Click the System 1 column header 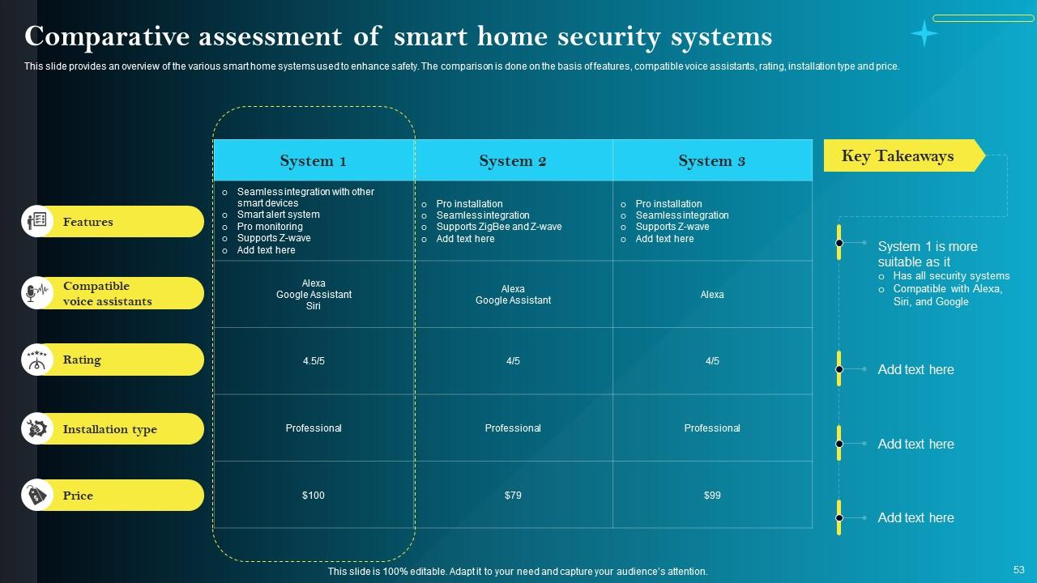(314, 160)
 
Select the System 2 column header (513, 160)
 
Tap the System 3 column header (712, 160)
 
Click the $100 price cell (314, 495)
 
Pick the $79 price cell (513, 495)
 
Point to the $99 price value (712, 495)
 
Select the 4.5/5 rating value (314, 361)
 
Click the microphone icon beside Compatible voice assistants (36, 293)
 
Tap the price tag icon (36, 496)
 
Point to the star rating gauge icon (36, 360)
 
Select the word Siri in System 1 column (314, 306)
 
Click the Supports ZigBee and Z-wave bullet (498, 227)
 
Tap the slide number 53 (1018, 570)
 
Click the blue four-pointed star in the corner (924, 33)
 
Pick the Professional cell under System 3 (712, 428)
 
